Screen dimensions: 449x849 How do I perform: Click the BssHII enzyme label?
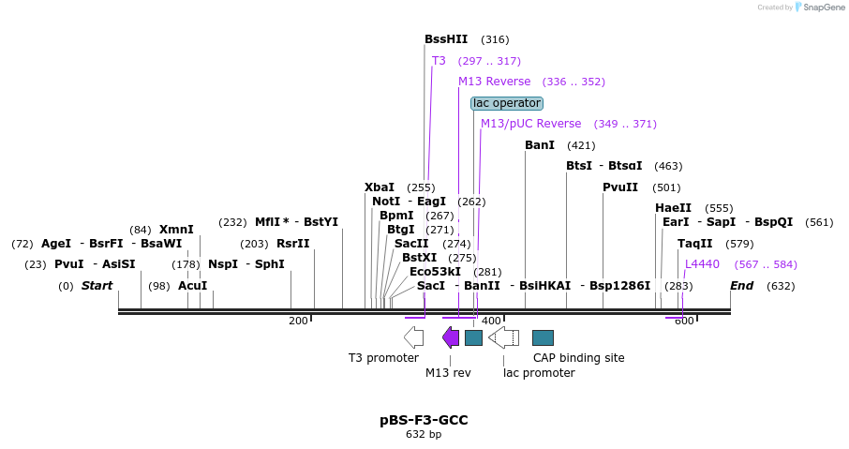click(x=445, y=39)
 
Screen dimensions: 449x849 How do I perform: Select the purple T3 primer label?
click(x=439, y=61)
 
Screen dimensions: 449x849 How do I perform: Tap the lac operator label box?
click(x=507, y=103)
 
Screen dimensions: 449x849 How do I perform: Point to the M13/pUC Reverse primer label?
click(x=530, y=124)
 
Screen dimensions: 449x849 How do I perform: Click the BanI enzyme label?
click(x=540, y=145)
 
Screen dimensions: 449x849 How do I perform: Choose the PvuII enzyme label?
click(x=620, y=187)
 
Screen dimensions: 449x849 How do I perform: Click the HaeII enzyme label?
click(x=673, y=208)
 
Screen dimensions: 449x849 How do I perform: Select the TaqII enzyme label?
click(x=694, y=244)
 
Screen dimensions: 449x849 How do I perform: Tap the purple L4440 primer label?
click(x=702, y=264)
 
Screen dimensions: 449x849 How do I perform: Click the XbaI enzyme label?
click(x=380, y=187)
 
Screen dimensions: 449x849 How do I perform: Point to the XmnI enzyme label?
click(x=176, y=230)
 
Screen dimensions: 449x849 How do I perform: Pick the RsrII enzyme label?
click(x=292, y=244)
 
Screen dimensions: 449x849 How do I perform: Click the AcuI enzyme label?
click(x=192, y=286)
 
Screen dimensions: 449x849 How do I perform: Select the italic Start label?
click(x=97, y=286)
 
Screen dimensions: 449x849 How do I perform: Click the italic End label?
click(x=741, y=286)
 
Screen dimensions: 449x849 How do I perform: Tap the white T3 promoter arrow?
click(x=413, y=337)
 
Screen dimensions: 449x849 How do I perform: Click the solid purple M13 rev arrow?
click(x=451, y=337)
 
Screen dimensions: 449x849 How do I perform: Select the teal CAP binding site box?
click(x=543, y=337)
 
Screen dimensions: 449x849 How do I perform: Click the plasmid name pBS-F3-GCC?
click(x=424, y=421)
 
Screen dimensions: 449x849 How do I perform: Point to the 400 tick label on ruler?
click(x=491, y=322)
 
